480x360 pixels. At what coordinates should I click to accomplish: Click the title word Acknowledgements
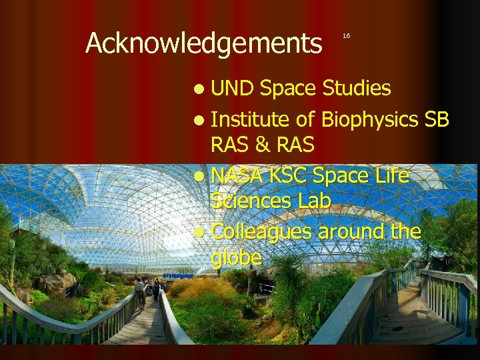[203, 44]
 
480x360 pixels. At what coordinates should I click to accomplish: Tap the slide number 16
[346, 35]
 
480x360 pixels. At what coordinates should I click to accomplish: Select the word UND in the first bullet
[233, 87]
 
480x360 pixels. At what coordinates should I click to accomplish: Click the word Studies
[357, 87]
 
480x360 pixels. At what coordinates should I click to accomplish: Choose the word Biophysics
[369, 119]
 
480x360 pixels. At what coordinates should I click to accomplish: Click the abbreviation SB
[437, 119]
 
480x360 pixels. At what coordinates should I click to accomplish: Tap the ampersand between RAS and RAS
[264, 144]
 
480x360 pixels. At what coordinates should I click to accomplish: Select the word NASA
[238, 176]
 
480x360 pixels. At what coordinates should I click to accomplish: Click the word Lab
[313, 201]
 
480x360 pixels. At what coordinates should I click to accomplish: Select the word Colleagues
[261, 232]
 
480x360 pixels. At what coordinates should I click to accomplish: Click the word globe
[236, 257]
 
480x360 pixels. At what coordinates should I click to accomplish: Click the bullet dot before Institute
[201, 120]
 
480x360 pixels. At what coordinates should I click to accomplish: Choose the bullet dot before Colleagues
[201, 233]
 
